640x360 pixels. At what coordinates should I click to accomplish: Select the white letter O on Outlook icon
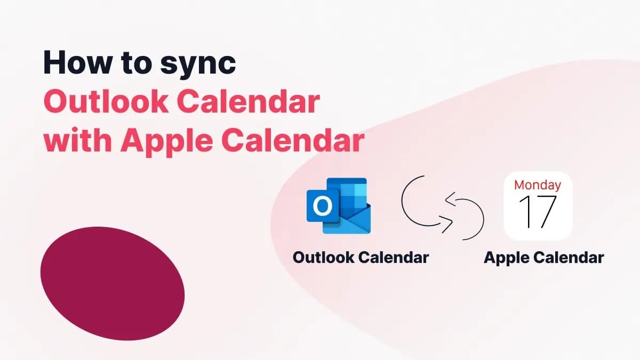[x=321, y=206]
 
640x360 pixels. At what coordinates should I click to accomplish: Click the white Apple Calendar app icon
[x=538, y=206]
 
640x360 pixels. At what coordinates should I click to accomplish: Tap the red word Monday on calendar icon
[x=538, y=185]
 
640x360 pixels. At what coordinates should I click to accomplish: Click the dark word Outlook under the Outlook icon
[x=323, y=258]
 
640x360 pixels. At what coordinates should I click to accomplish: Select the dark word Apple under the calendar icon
[x=507, y=258]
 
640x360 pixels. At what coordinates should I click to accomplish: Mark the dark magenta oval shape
[x=112, y=279]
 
